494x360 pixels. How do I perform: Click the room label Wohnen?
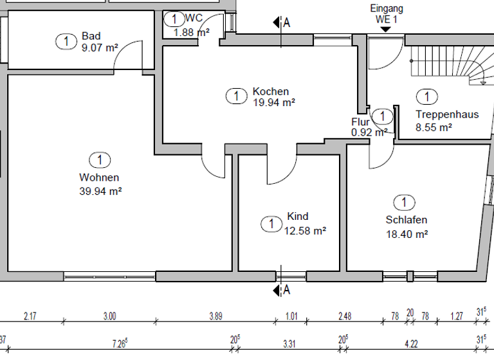99,177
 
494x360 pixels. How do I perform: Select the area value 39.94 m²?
99,190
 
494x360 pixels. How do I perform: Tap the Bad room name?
91,36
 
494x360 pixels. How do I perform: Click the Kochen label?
270,91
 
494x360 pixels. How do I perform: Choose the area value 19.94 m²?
274,102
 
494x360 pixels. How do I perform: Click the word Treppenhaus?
446,115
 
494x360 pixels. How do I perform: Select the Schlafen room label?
406,220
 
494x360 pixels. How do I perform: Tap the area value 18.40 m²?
407,235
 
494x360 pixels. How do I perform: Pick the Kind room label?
298,217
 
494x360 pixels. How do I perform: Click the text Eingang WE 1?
387,14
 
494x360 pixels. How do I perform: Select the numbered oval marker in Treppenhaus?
425,97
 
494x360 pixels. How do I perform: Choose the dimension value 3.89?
216,316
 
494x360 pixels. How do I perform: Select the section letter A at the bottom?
287,291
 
